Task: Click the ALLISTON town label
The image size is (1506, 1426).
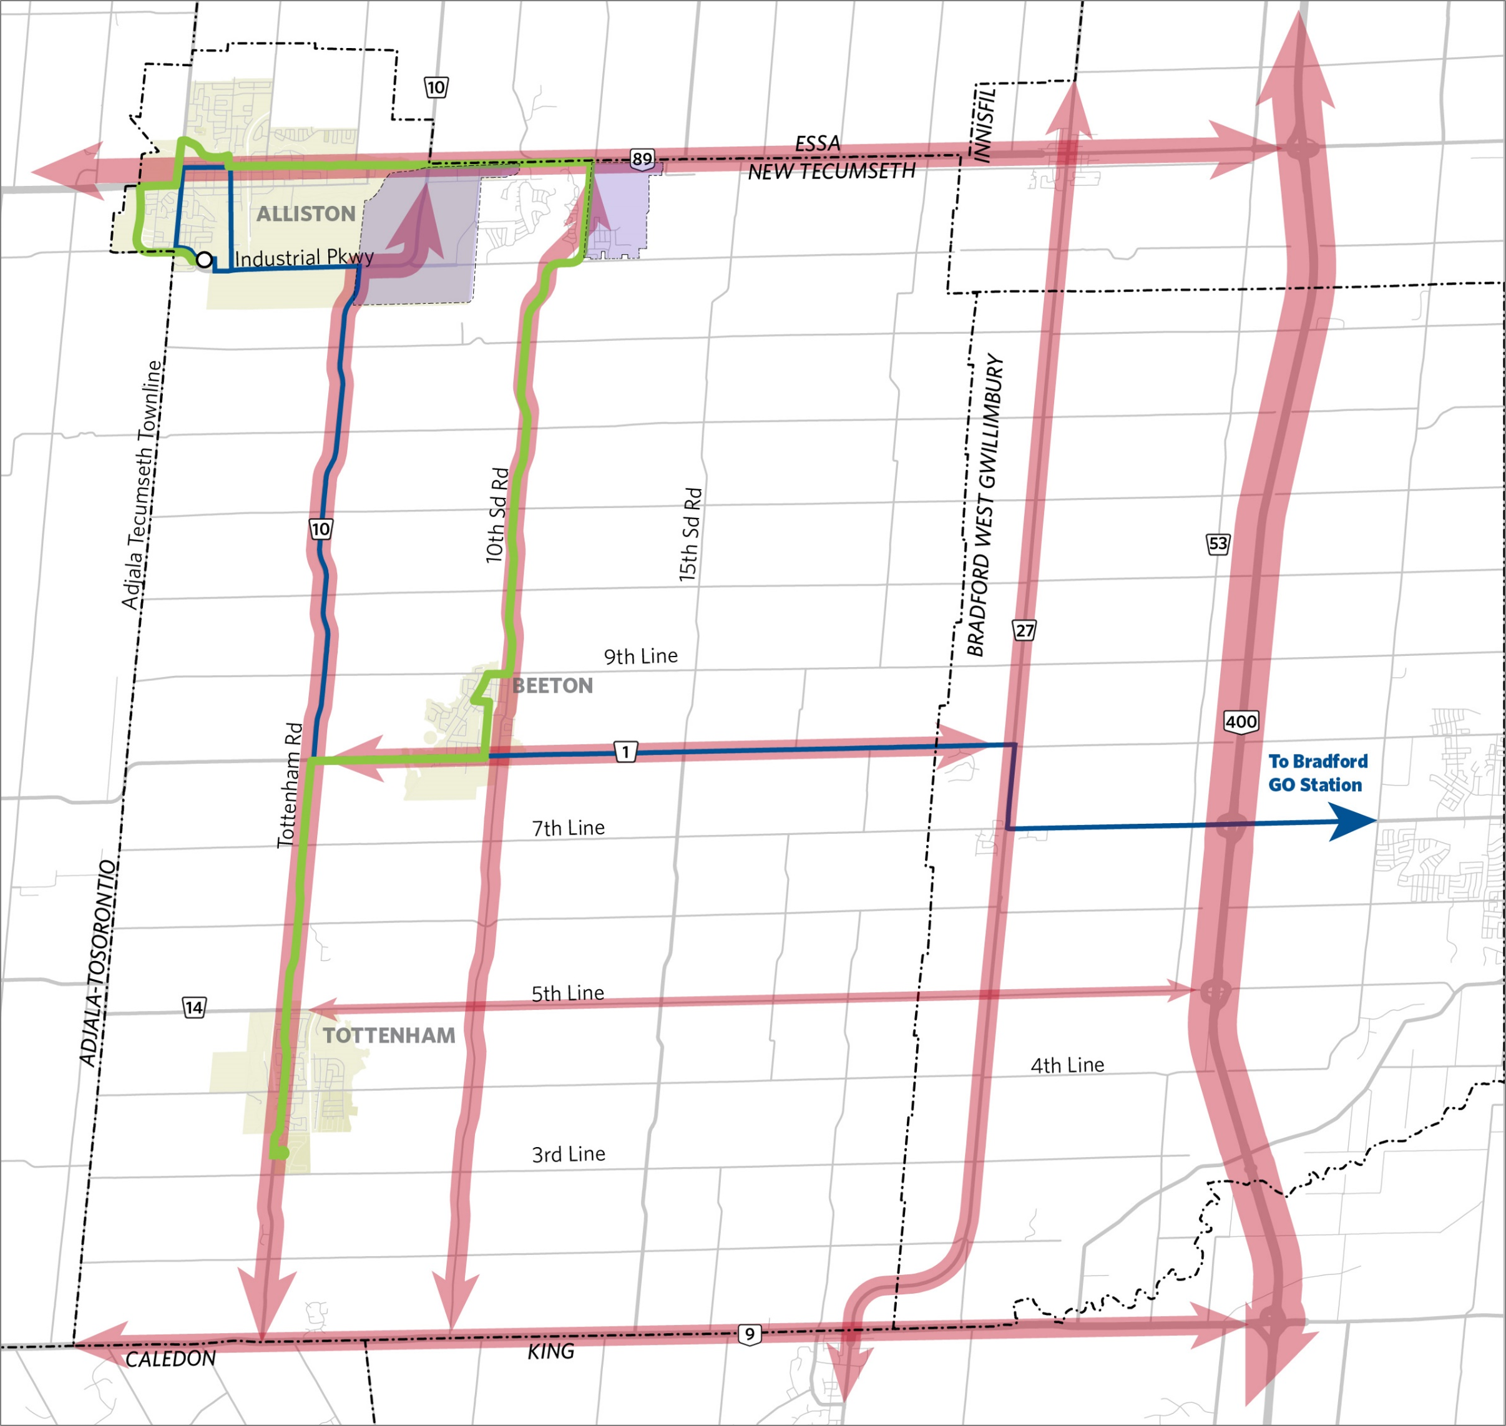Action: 306,213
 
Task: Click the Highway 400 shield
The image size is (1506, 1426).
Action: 1241,721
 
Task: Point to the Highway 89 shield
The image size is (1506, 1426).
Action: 642,159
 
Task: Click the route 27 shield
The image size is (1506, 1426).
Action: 1024,630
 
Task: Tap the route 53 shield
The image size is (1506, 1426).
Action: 1217,544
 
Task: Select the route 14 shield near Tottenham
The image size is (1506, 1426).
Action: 194,1008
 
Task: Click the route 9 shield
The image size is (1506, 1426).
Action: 749,1334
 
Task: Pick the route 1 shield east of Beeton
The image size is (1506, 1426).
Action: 625,752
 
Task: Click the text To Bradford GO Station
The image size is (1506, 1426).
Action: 1318,773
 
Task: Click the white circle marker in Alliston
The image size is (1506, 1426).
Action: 203,260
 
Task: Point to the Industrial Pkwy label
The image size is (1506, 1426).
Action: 304,258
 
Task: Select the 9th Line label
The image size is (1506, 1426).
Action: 640,656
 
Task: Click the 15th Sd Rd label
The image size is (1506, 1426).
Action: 690,535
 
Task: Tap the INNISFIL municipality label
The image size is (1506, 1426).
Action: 984,123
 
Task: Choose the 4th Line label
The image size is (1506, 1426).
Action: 1067,1065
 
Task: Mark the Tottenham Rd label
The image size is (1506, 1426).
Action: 290,784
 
